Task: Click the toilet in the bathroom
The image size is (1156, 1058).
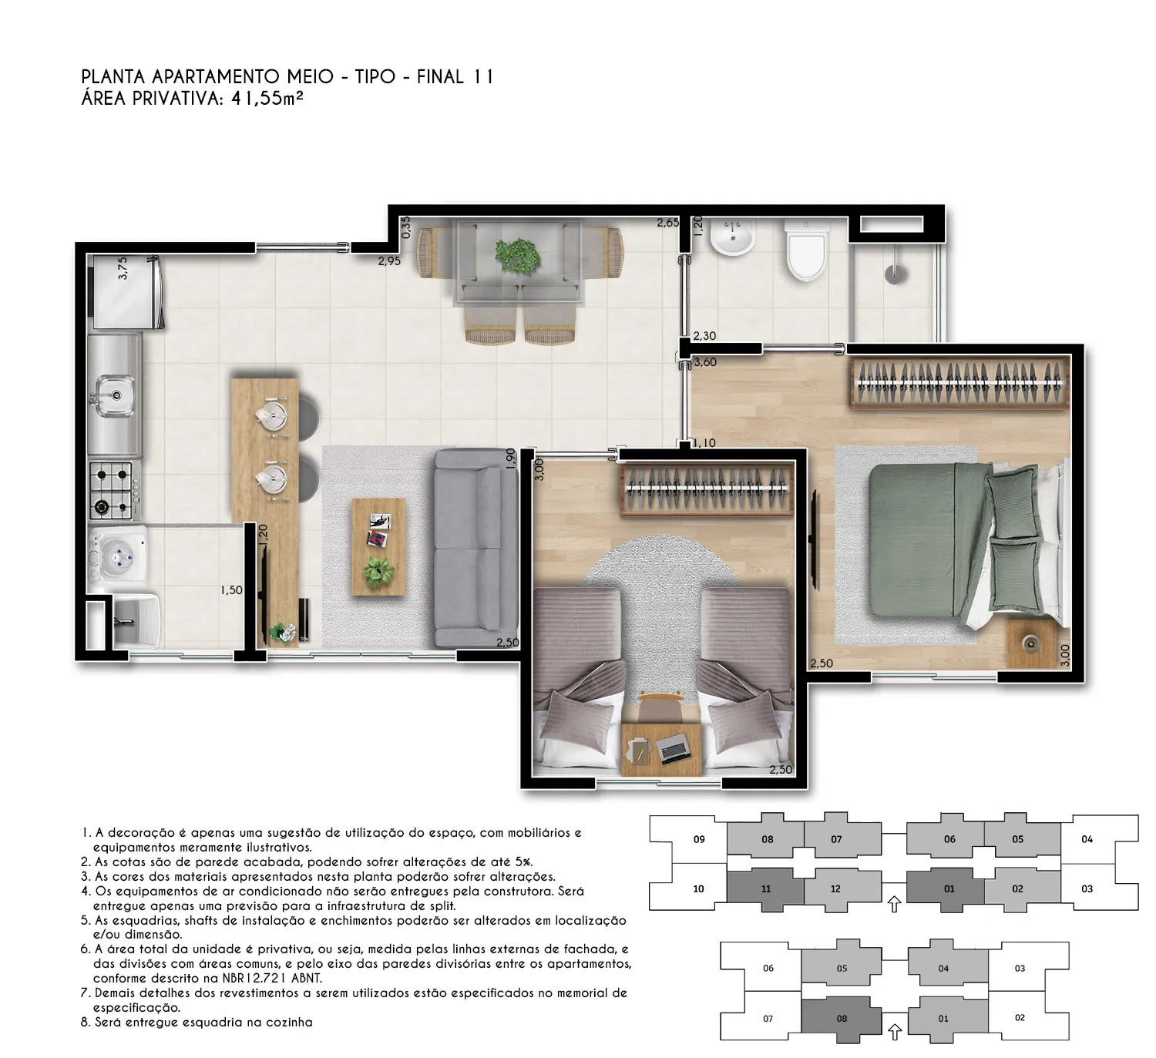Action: (806, 250)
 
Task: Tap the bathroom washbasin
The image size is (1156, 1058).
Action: (732, 237)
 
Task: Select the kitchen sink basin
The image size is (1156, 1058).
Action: (115, 395)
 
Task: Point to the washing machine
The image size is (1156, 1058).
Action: (118, 556)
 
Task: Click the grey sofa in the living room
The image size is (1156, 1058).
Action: (476, 547)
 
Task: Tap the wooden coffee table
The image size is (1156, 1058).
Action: (378, 547)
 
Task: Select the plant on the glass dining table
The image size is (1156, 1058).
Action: (517, 255)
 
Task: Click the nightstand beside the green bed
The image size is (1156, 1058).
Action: (1031, 643)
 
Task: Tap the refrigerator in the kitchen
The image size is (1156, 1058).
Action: (127, 293)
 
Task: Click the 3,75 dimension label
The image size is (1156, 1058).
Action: (123, 268)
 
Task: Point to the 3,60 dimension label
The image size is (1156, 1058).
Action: (705, 362)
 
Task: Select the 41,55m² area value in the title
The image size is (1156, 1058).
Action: (267, 99)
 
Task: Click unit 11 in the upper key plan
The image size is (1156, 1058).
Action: (765, 888)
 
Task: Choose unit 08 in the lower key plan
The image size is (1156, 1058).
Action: (842, 1018)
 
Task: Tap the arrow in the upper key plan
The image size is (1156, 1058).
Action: (894, 904)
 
